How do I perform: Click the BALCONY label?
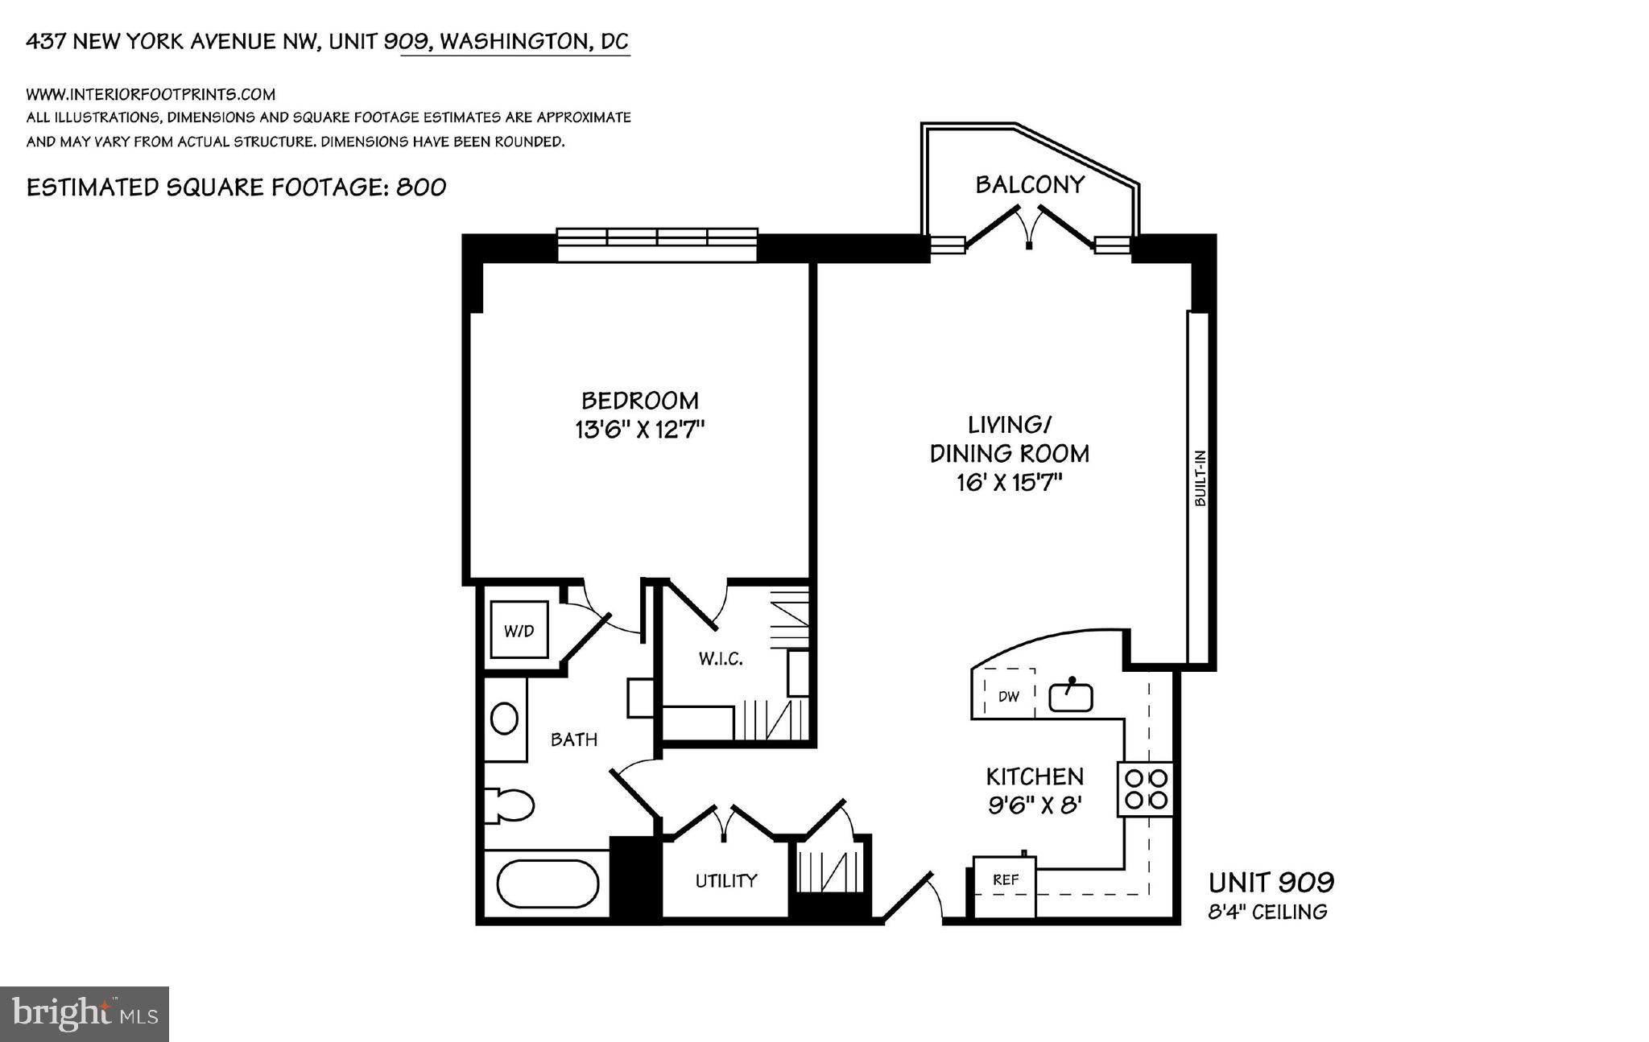click(1029, 184)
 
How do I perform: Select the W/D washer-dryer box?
click(519, 631)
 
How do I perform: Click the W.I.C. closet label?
click(720, 659)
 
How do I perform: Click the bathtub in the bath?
click(548, 884)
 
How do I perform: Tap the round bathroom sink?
click(505, 719)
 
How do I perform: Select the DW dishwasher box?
click(1009, 695)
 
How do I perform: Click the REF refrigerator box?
click(1005, 880)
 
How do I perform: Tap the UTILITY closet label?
click(726, 880)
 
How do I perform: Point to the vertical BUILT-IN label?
click(1200, 478)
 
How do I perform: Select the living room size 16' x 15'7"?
click(1010, 483)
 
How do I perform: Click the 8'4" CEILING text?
click(1267, 912)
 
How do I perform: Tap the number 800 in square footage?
click(421, 187)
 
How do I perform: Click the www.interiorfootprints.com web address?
click(151, 94)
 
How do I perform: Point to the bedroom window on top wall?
click(657, 245)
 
